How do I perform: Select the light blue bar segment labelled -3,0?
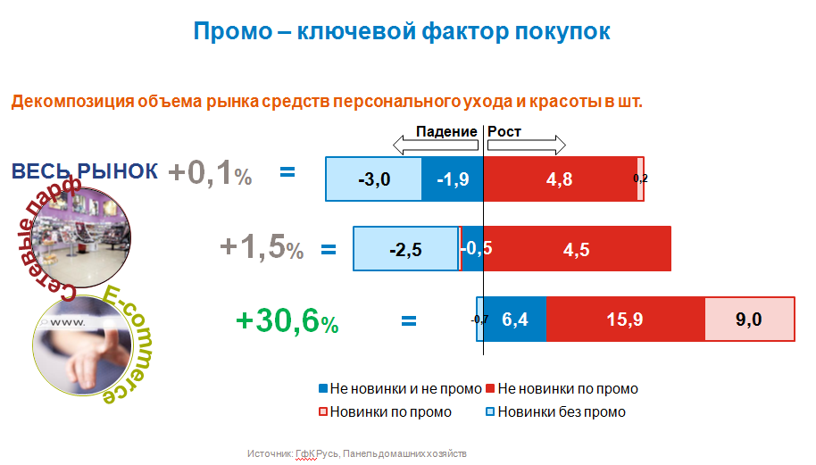[373, 179]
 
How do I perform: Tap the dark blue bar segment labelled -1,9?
[452, 179]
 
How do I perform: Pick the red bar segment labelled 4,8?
[559, 179]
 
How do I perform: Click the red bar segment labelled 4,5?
[577, 249]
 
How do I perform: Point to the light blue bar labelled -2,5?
[405, 249]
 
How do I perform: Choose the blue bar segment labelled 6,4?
[515, 320]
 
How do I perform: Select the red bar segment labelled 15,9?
[625, 320]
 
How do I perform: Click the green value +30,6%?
[287, 320]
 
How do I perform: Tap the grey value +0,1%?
[208, 173]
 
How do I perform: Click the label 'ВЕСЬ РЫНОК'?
[85, 170]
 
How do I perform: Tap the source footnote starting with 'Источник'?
[357, 454]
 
